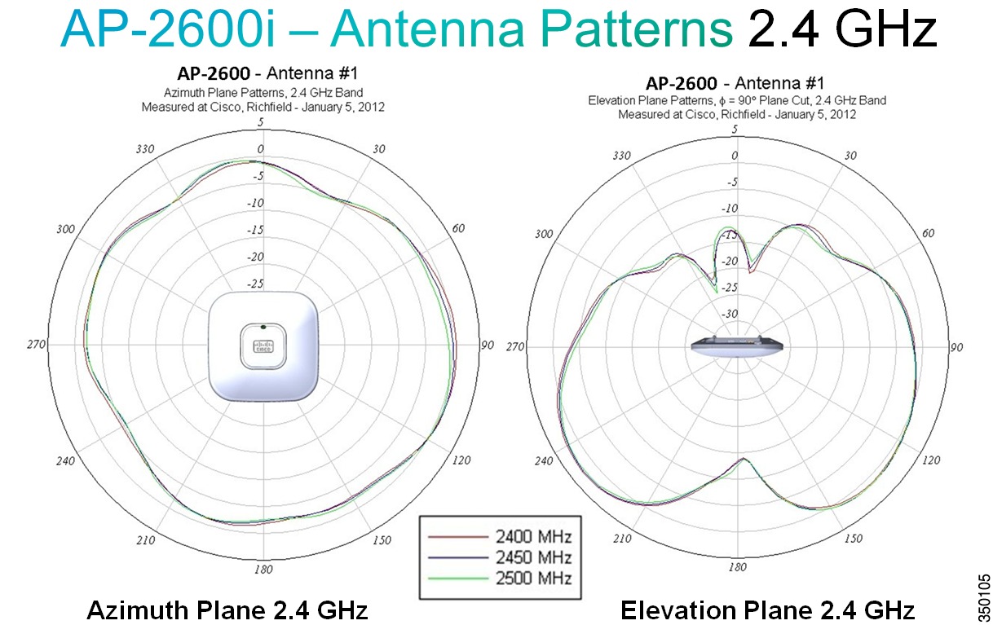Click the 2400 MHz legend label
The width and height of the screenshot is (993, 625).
pos(533,537)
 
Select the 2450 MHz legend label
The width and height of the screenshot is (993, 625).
pos(533,557)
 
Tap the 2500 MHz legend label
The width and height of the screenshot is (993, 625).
pos(533,578)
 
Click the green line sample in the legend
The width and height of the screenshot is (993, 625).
pos(458,579)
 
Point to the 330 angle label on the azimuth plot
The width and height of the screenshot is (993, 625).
pos(145,149)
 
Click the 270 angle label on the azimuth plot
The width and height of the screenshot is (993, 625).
pos(36,344)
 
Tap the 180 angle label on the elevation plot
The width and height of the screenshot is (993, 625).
pos(737,567)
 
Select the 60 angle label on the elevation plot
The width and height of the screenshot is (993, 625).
pos(928,233)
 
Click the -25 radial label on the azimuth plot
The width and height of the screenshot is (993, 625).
pos(255,284)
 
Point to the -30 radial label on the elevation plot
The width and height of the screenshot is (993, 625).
pos(730,314)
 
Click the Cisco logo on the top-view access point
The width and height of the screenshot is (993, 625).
pos(263,346)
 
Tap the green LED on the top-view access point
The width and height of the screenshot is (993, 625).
pos(263,327)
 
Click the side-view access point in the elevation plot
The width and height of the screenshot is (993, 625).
pos(737,346)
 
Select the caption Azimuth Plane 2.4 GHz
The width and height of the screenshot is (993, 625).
pos(227,610)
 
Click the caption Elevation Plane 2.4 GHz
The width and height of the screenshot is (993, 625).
pos(767,610)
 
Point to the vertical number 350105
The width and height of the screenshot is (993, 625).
pos(984,598)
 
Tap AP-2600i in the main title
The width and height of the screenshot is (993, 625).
pos(169,29)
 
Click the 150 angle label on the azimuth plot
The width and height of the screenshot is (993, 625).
pos(382,540)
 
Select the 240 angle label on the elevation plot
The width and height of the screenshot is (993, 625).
pos(544,460)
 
